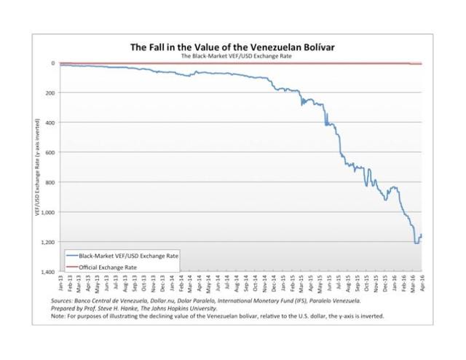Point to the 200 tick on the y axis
(x=52, y=93)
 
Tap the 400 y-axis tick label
(x=52, y=123)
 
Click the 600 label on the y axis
(x=52, y=152)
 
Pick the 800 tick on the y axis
(x=52, y=182)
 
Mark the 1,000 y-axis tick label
(x=50, y=212)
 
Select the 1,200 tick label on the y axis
(x=50, y=242)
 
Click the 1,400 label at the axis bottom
(x=50, y=272)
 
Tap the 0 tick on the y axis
(x=54, y=63)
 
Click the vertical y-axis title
(x=36, y=168)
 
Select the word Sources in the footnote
(x=65, y=300)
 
